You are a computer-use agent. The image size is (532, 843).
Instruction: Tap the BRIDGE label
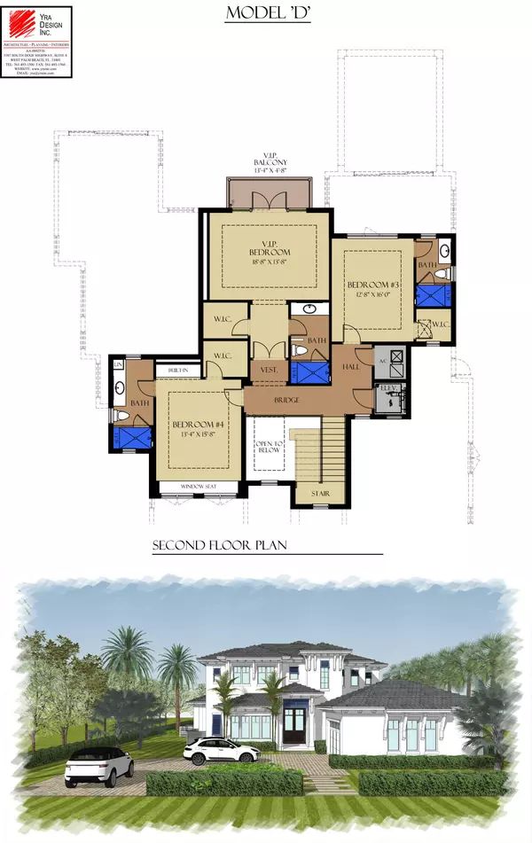click(x=286, y=401)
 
